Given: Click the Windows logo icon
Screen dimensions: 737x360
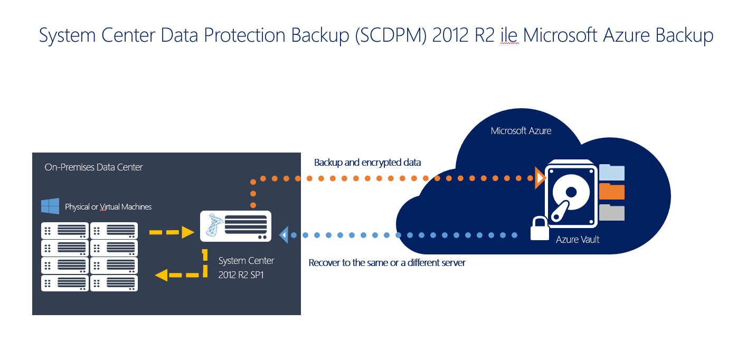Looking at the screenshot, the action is click(50, 206).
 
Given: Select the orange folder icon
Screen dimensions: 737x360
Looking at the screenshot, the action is click(612, 192).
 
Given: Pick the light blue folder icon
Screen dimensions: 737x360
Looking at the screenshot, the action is click(612, 172).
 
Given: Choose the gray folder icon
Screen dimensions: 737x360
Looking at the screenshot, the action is click(612, 213).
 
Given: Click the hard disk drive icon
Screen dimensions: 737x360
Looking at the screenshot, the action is click(571, 194).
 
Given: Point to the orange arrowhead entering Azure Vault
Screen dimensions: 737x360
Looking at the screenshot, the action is click(540, 178).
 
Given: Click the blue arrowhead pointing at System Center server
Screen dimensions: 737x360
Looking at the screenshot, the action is click(284, 235).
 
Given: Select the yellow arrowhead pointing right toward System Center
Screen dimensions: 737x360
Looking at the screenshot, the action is click(188, 232).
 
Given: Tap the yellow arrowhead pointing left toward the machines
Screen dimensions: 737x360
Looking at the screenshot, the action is click(161, 275).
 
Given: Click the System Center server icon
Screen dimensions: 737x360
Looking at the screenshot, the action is click(235, 226).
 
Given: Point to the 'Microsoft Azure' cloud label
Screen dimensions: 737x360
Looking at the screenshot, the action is click(521, 130).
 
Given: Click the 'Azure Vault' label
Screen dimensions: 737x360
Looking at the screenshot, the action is click(578, 239).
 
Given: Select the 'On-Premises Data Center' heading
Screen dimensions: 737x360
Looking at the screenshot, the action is click(93, 167).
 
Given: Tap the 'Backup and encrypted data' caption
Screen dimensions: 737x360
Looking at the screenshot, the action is click(367, 163).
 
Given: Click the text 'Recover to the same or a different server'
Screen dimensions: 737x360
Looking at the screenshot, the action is click(387, 262).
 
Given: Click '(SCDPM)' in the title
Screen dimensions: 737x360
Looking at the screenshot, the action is click(391, 35).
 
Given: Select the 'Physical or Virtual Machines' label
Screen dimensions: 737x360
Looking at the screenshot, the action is click(108, 206).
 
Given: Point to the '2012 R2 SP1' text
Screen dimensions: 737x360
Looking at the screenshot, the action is click(241, 275).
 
